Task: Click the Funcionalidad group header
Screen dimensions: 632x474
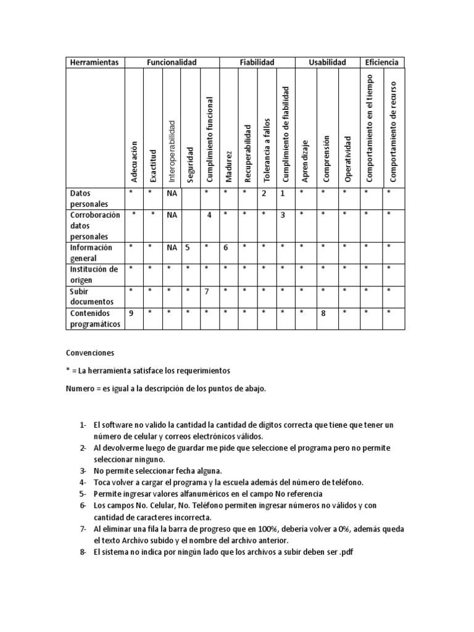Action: (x=171, y=62)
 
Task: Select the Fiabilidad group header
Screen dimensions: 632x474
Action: (x=256, y=62)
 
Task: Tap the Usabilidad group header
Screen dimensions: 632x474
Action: (x=327, y=62)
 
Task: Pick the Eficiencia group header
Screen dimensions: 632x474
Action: (x=381, y=62)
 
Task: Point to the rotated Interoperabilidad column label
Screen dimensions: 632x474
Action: (x=172, y=151)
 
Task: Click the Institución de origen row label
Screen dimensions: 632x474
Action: (x=93, y=274)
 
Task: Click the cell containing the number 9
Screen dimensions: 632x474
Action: (x=131, y=313)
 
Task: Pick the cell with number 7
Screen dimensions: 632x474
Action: (x=209, y=291)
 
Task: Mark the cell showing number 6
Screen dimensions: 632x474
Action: (x=226, y=247)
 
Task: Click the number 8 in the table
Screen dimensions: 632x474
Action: (x=322, y=314)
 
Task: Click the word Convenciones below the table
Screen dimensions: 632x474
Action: (x=90, y=353)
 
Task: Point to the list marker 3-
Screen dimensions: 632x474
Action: (x=83, y=471)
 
